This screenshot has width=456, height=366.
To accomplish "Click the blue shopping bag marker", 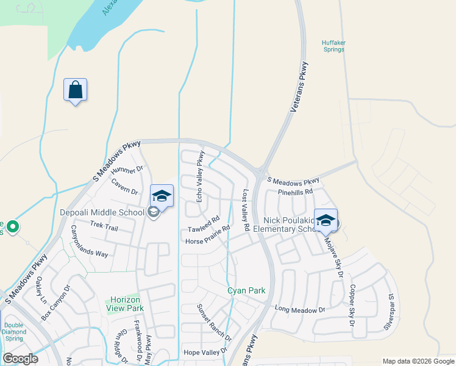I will pos(75,90).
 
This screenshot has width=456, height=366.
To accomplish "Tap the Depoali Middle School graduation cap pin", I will pos(162,196).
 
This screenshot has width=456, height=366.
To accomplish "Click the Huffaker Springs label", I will pos(334,46).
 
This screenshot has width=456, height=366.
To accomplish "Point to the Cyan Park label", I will pos(246,291).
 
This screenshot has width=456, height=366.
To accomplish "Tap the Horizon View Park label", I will pos(126,304).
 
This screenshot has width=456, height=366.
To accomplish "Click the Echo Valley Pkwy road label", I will pos(199,177).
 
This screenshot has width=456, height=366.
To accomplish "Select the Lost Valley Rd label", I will pos(246,210).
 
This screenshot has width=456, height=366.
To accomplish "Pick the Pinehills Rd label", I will pos(295,192).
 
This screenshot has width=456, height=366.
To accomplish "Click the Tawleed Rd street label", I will pos(203,226).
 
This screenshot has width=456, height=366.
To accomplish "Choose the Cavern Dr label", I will pos(125,186).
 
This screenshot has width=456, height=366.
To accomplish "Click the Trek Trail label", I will pos(104,226).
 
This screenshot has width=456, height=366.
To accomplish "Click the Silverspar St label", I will pos(388,312).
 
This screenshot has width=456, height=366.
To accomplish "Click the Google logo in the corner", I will pos(20,359).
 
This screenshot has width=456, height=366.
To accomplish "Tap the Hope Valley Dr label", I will pos(205,352).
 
